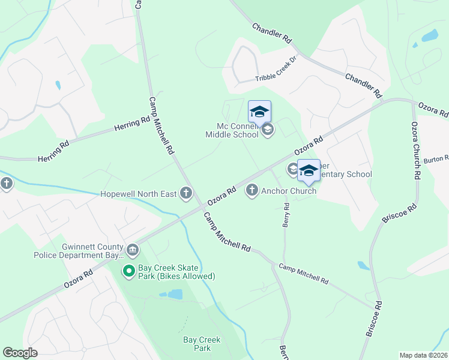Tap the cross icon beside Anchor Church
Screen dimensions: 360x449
click(x=252, y=191)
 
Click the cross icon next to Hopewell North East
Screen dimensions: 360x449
click(x=186, y=193)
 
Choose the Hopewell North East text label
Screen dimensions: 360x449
click(x=139, y=193)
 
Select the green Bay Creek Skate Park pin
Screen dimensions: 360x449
click(x=128, y=272)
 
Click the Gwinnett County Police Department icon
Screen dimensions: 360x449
click(x=133, y=249)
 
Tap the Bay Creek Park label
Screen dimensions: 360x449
click(x=202, y=344)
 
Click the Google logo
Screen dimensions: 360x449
click(x=20, y=353)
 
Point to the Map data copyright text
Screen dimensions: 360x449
click(x=423, y=355)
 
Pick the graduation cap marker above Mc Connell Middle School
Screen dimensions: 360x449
click(x=259, y=113)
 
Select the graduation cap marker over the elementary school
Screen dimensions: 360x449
click(x=309, y=171)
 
